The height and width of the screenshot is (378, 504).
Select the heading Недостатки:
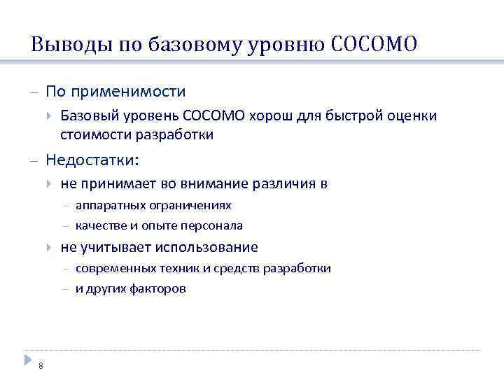pos(92,160)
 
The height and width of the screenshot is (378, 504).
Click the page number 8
pos(41,365)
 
